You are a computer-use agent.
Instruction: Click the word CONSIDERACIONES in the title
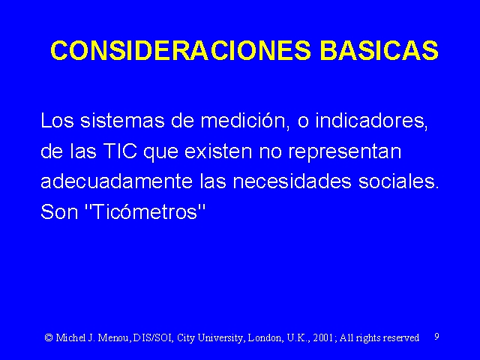tap(181, 50)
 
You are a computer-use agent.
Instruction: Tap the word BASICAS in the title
tap(379, 50)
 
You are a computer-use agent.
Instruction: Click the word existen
tap(218, 151)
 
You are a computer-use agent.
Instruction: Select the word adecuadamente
tap(117, 181)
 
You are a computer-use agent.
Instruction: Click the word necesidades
tap(292, 181)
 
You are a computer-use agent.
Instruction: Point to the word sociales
tap(398, 181)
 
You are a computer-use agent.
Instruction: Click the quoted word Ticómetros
tap(145, 211)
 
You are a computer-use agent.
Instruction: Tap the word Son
tap(59, 211)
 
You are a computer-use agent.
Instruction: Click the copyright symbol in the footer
tap(49, 337)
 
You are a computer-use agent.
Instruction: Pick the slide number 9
tap(436, 337)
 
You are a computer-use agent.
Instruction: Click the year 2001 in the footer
tap(324, 337)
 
